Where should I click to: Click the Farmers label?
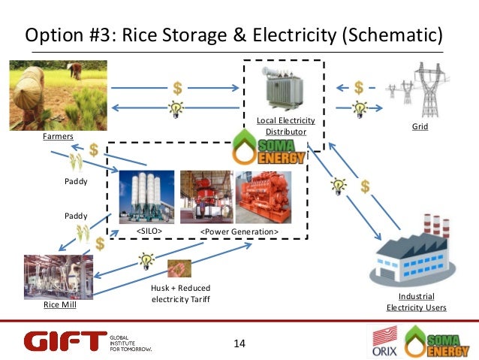[57, 138]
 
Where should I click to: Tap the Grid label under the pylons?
[420, 128]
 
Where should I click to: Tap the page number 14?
[239, 343]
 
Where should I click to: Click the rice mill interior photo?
[59, 277]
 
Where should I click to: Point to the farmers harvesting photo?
[56, 94]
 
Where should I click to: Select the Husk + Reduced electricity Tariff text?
[180, 294]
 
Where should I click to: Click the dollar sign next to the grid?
[359, 87]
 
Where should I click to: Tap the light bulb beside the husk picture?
[144, 261]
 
